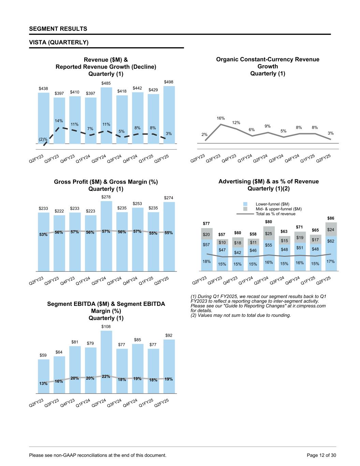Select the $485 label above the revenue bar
coord(106,83)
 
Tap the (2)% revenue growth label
coord(43,139)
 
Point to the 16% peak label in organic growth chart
coord(221,118)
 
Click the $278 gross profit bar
coord(106,236)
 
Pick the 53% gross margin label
coord(43,235)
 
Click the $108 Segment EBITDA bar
coord(106,362)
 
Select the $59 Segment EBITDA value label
coord(43,355)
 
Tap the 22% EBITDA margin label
coord(106,377)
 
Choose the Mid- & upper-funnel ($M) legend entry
coord(278,209)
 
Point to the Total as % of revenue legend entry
coord(275,214)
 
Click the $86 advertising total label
coord(331,218)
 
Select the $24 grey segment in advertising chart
coord(331,230)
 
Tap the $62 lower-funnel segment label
coord(331,241)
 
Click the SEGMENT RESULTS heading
coord(58,29)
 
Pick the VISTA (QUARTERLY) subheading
coord(59,42)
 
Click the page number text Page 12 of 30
coord(321,455)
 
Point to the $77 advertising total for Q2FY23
coord(206,224)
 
